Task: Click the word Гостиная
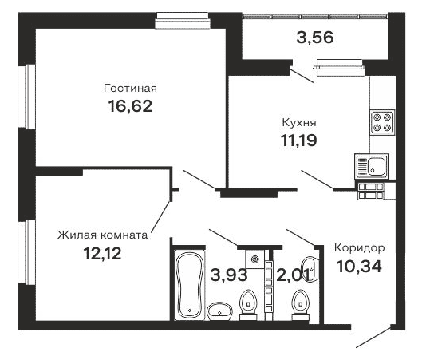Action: (129, 88)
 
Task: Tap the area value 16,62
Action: (129, 105)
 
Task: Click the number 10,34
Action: (357, 266)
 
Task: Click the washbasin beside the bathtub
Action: (217, 310)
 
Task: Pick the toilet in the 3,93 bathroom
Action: (248, 304)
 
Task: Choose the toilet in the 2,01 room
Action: (301, 304)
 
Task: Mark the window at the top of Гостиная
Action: (182, 14)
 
